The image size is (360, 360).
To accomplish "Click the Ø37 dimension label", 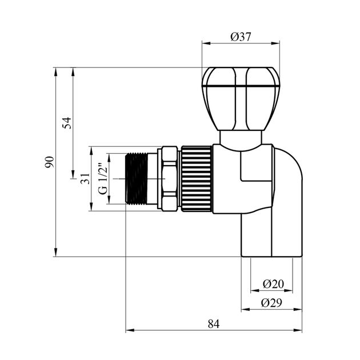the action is tap(241, 37).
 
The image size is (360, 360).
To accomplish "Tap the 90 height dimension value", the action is tap(50, 162).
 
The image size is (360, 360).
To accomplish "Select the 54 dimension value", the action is tap(67, 123).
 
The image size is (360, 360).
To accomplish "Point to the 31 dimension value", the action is tap(85, 178).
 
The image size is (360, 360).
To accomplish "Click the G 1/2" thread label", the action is tap(103, 179).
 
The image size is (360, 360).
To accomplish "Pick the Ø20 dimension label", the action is tap(273, 284).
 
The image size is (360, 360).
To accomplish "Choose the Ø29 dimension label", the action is tap(271, 303).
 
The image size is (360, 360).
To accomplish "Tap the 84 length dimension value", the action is tap(214, 324).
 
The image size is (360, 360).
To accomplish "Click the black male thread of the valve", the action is tap(137, 179).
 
